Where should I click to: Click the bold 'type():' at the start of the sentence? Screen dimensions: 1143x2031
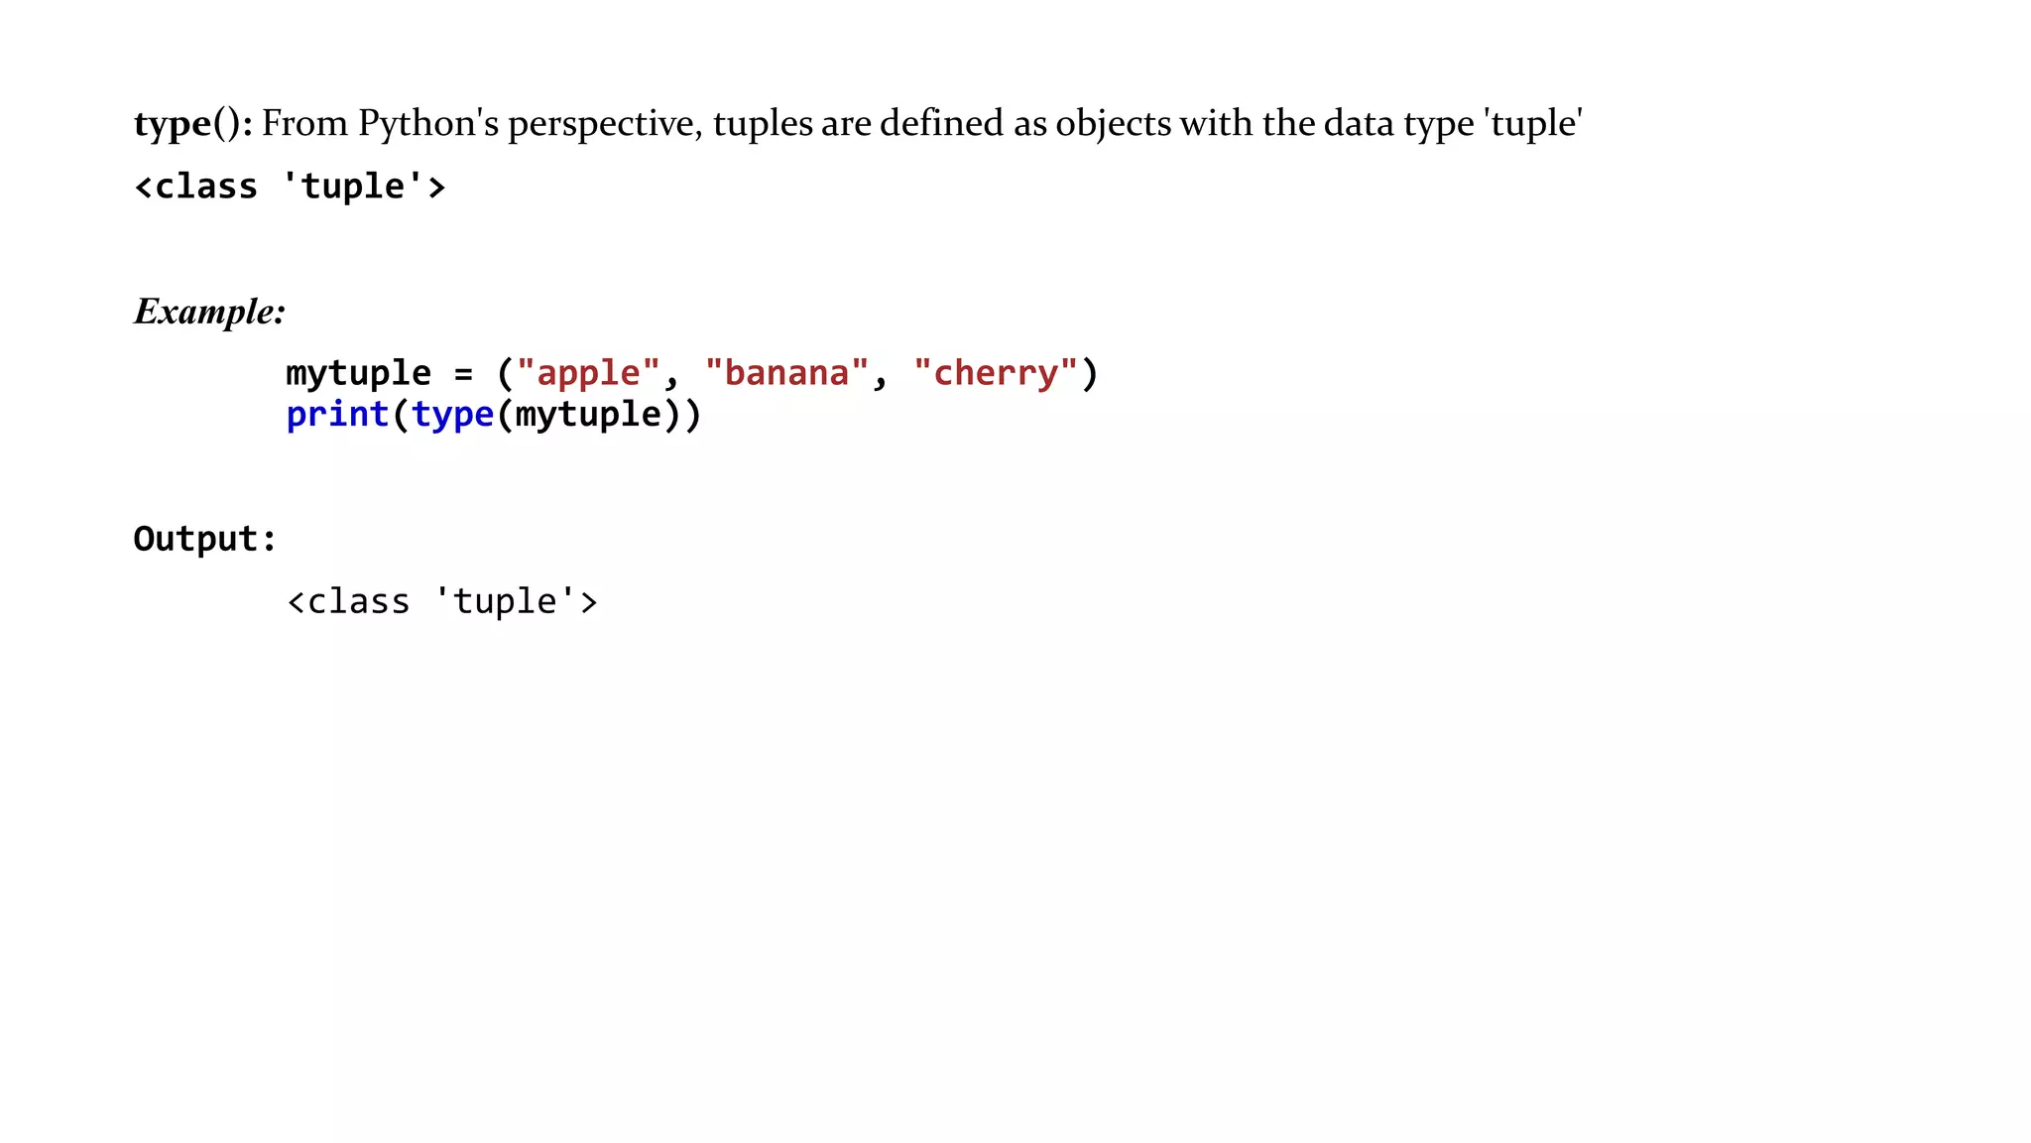[x=192, y=124]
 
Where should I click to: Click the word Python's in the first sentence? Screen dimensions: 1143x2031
[x=427, y=124]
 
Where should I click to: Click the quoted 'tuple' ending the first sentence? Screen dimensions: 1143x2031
[x=1532, y=124]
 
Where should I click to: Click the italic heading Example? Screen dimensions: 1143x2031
[x=209, y=313]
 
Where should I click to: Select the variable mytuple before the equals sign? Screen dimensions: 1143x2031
[x=358, y=374]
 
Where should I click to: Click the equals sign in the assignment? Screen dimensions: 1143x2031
[x=463, y=375]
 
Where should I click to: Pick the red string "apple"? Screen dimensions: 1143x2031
[x=588, y=374]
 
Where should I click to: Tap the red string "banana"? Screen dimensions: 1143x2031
[x=786, y=374]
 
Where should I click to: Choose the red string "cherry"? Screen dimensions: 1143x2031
[x=995, y=374]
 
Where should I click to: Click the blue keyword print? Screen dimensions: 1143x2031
[x=337, y=415]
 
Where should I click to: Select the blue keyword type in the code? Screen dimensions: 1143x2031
[x=452, y=415]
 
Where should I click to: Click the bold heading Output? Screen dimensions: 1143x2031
[x=204, y=539]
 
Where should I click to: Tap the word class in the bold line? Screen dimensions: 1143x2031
[x=206, y=187]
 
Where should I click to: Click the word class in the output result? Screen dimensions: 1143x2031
[x=358, y=602]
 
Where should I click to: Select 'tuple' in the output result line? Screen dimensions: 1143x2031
[x=505, y=602]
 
